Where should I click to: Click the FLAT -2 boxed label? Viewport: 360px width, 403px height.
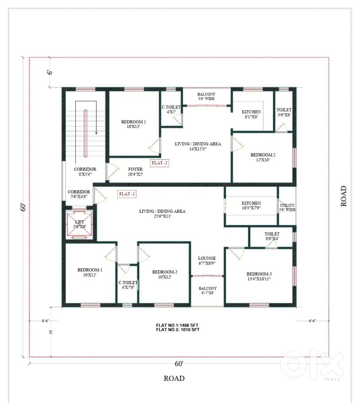point(159,163)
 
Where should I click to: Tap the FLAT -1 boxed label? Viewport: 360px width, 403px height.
point(127,194)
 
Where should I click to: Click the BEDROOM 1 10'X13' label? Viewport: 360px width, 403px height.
point(134,124)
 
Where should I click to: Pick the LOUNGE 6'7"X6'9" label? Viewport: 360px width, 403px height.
point(207,261)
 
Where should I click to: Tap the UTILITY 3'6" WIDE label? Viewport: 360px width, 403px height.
point(287,207)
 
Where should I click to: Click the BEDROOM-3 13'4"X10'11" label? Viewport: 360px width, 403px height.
point(259,276)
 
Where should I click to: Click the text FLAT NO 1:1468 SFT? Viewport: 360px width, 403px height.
point(177,325)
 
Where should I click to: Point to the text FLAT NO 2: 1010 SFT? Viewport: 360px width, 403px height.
point(178,330)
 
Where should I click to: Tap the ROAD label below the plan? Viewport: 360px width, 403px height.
point(174,378)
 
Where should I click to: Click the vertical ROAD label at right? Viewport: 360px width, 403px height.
point(343,196)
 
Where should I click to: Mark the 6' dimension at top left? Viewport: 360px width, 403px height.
point(50,72)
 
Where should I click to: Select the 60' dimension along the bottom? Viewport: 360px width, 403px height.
point(179,364)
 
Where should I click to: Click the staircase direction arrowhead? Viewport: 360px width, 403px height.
point(96,133)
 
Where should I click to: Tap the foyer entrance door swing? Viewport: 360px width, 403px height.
point(113,172)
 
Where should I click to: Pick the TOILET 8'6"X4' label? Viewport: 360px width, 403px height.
point(272,236)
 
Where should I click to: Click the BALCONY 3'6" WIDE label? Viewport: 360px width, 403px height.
point(206,96)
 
